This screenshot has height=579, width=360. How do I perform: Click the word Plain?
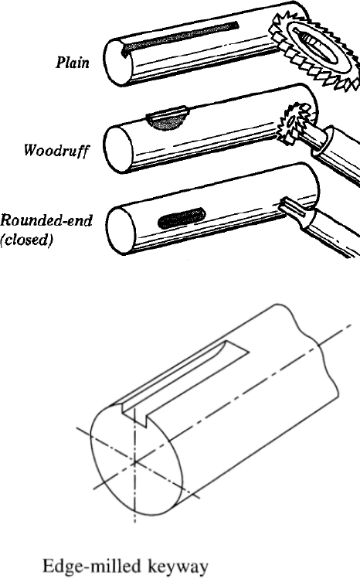click(x=73, y=62)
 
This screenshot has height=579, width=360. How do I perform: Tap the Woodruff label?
click(x=56, y=150)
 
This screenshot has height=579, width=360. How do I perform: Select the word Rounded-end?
click(x=46, y=220)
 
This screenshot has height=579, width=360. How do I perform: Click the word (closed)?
click(x=25, y=240)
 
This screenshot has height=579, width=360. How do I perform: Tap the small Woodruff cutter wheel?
click(x=297, y=118)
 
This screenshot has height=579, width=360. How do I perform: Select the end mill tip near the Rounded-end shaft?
click(x=295, y=209)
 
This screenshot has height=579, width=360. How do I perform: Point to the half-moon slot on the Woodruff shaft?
click(x=168, y=119)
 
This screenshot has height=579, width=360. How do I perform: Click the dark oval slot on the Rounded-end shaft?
click(x=182, y=218)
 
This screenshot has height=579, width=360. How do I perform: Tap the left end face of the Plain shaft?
click(x=118, y=63)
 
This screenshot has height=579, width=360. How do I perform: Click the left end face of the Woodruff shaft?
click(x=118, y=149)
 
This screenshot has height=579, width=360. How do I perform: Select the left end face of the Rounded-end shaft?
click(x=121, y=230)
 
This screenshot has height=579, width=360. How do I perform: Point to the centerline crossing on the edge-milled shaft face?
click(x=135, y=461)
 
